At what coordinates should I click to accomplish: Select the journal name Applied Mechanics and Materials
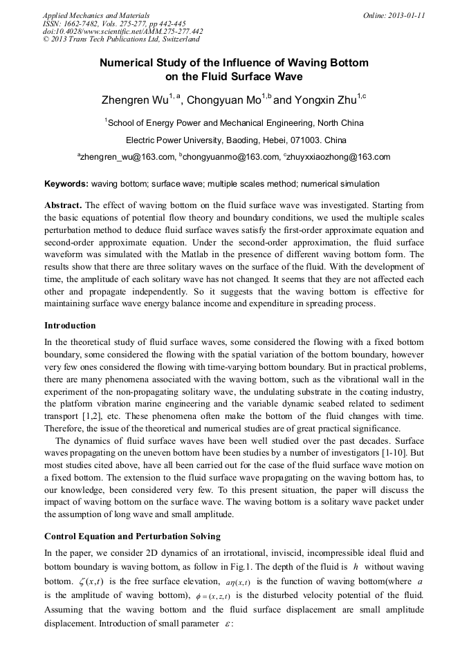point(96,15)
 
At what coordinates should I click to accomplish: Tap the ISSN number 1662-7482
point(88,23)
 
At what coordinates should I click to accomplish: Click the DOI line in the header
point(122,31)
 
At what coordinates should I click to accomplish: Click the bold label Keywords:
point(66,184)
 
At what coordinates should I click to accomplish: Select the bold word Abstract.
point(64,206)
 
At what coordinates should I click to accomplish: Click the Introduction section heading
point(70,325)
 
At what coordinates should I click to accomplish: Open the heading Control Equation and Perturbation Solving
point(132,536)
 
